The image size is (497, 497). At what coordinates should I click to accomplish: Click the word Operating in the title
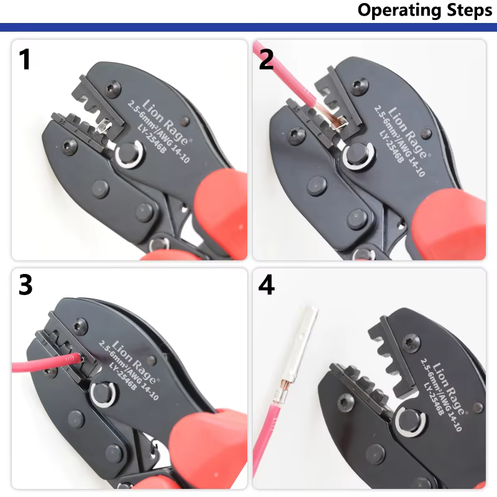(x=400, y=11)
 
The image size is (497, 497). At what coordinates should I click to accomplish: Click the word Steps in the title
(x=470, y=11)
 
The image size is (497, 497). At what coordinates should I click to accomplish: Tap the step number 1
(x=25, y=59)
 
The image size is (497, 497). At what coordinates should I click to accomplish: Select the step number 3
(x=25, y=285)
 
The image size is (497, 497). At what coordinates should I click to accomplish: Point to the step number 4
(x=267, y=285)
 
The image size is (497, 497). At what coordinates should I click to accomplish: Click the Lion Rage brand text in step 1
(x=166, y=121)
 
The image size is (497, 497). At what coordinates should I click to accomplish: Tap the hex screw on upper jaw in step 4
(x=411, y=343)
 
